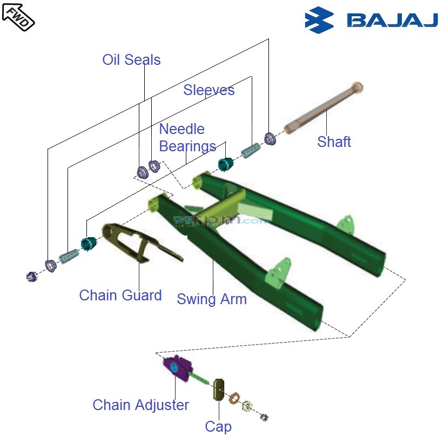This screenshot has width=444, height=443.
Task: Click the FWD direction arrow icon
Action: click(x=18, y=16)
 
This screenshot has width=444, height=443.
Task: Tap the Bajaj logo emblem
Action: click(x=320, y=20)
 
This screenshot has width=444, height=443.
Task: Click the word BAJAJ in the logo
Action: click(x=392, y=21)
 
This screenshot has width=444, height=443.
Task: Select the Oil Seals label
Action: click(x=131, y=60)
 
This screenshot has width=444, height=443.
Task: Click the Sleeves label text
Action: click(x=208, y=90)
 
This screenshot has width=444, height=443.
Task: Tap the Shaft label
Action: click(x=334, y=142)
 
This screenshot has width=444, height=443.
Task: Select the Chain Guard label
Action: click(x=120, y=296)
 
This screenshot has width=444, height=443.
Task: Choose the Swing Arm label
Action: click(x=211, y=299)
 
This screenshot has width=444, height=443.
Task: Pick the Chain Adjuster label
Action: click(x=140, y=405)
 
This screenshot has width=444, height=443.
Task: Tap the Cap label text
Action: click(x=218, y=427)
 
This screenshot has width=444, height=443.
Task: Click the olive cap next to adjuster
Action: click(x=219, y=390)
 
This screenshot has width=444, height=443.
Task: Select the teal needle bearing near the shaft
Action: click(x=224, y=162)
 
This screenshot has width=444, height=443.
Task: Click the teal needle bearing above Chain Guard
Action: click(x=88, y=243)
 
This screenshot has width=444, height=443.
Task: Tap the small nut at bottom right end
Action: click(x=264, y=417)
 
